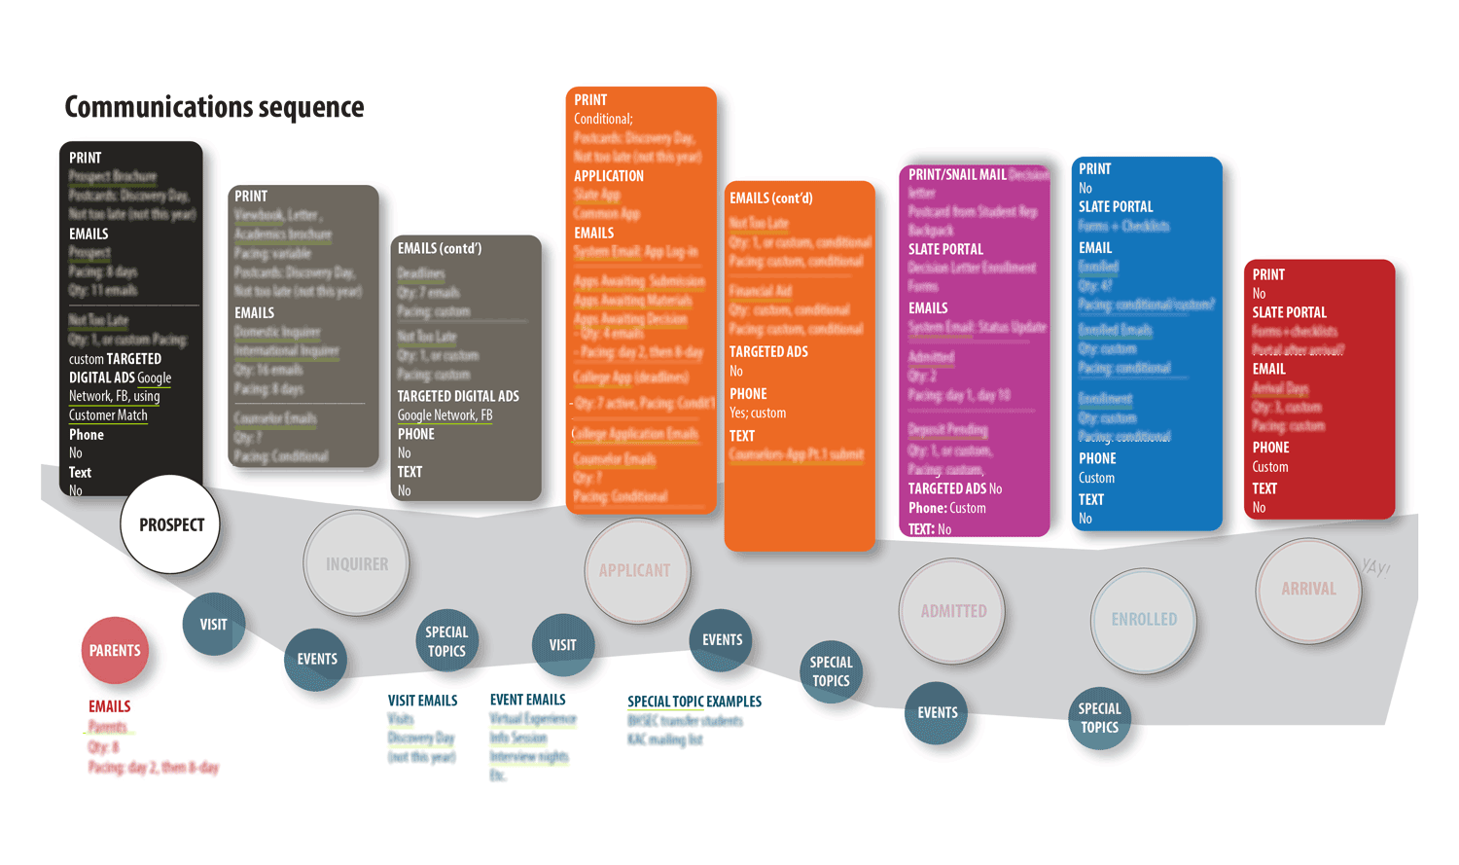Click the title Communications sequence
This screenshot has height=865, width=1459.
(x=214, y=107)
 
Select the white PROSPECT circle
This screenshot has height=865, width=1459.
(x=171, y=524)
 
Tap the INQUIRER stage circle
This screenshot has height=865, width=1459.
(x=356, y=563)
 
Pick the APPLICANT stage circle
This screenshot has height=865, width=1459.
(x=635, y=570)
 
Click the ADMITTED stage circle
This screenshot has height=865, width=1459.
(x=952, y=611)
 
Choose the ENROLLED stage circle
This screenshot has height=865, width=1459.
(x=1144, y=619)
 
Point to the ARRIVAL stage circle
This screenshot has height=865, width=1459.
(x=1308, y=589)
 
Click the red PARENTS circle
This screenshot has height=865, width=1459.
(x=115, y=650)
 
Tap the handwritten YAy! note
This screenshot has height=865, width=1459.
(x=1375, y=566)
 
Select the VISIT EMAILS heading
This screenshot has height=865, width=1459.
(x=422, y=701)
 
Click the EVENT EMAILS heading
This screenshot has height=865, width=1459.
(x=527, y=700)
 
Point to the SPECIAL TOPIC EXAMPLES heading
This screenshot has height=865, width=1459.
(x=694, y=702)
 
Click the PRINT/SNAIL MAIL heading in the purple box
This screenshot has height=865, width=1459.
(x=957, y=175)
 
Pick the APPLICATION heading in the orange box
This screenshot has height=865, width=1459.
(x=609, y=176)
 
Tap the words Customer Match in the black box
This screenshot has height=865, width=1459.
(x=108, y=415)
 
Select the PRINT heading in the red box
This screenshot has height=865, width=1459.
(x=1268, y=274)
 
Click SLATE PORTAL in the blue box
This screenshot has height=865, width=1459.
(x=1116, y=207)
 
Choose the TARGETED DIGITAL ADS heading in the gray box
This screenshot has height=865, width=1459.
(x=458, y=396)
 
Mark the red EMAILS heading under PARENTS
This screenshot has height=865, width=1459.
(x=109, y=706)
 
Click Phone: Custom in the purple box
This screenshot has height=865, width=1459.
(x=947, y=508)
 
